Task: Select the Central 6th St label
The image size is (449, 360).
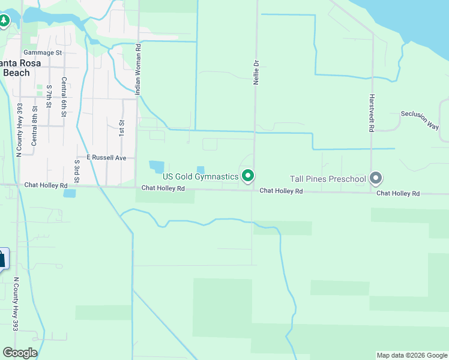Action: pyautogui.click(x=63, y=97)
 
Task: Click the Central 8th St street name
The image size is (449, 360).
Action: pyautogui.click(x=34, y=125)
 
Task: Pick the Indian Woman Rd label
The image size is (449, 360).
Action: pyautogui.click(x=138, y=70)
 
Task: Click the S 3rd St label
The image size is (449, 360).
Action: pyautogui.click(x=77, y=172)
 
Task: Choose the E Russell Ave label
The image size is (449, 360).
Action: pyautogui.click(x=106, y=157)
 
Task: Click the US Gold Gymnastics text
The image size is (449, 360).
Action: pyautogui.click(x=200, y=176)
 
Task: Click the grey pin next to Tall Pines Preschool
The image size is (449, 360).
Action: pyautogui.click(x=376, y=178)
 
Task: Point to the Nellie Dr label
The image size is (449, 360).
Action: pyautogui.click(x=256, y=71)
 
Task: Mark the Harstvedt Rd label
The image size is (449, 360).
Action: pyautogui.click(x=372, y=113)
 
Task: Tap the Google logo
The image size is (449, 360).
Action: pyautogui.click(x=20, y=353)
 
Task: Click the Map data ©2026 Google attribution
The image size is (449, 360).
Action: pyautogui.click(x=411, y=355)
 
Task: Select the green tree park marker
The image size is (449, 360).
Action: pyautogui.click(x=4, y=21)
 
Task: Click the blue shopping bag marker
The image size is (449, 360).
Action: pyautogui.click(x=2, y=259)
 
